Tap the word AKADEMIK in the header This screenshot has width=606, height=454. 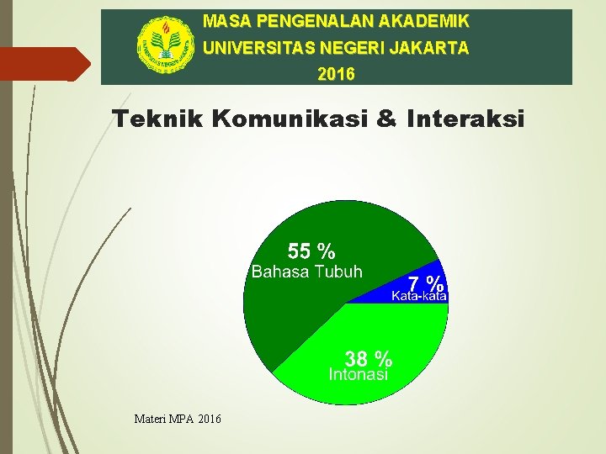[x=428, y=20]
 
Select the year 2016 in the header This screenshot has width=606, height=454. [x=337, y=75]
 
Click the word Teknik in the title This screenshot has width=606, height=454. [x=158, y=119]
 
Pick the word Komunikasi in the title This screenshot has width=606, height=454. [x=289, y=119]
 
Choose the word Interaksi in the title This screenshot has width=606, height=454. [x=465, y=119]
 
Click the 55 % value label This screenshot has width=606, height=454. [x=311, y=251]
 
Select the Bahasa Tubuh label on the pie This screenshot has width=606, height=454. [x=307, y=272]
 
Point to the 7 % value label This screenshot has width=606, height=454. [x=426, y=282]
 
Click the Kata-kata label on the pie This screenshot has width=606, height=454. [x=419, y=296]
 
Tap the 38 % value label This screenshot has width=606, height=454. [x=368, y=359]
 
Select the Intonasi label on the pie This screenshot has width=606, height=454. [x=359, y=375]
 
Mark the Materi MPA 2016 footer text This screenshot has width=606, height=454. [x=178, y=418]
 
